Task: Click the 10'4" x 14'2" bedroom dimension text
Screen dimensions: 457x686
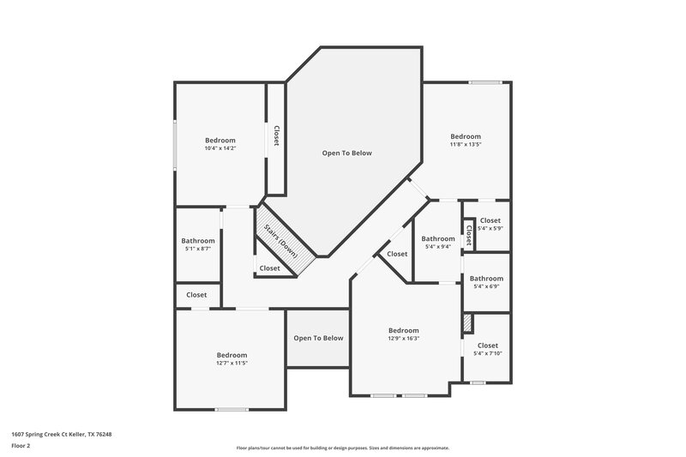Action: [x=220, y=148]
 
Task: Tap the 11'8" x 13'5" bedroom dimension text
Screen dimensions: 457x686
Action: [x=466, y=145]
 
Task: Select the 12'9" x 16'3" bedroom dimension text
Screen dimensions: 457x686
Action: [x=403, y=339]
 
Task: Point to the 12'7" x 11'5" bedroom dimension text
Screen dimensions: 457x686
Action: [x=232, y=364]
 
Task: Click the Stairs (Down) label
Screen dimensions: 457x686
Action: [x=280, y=241]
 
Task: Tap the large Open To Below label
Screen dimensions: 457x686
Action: [x=346, y=153]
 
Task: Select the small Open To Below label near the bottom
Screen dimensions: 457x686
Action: [x=318, y=338]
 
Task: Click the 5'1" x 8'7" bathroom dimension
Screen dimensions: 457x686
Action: [x=197, y=250]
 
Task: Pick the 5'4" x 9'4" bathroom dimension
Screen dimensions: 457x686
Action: [x=437, y=247]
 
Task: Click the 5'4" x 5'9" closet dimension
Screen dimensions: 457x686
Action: [x=490, y=228]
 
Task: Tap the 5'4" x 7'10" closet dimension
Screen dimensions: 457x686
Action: [x=488, y=353]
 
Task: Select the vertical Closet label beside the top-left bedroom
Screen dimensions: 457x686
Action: [x=276, y=136]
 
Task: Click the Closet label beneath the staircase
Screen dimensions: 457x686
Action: [x=269, y=268]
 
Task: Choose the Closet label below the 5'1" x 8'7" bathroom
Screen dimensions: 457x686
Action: [x=196, y=295]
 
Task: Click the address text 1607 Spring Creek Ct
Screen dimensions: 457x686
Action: [x=61, y=435]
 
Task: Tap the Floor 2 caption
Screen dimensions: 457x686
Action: [x=21, y=447]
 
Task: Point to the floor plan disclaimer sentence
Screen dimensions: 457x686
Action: [x=342, y=448]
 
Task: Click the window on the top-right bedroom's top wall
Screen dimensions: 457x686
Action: [x=484, y=82]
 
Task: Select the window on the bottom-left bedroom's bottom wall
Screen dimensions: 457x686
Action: [x=232, y=409]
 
